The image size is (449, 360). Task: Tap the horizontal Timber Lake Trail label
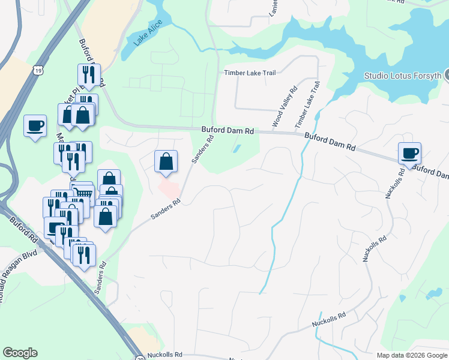(x=250, y=73)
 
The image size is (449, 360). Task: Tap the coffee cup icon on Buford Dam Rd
(x=410, y=154)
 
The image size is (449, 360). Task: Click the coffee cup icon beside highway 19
(x=35, y=126)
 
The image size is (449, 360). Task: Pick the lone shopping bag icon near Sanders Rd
(x=166, y=161)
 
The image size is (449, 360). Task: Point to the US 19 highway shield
(x=38, y=71)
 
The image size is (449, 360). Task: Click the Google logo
(x=20, y=353)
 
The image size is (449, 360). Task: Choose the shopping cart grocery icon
(x=83, y=193)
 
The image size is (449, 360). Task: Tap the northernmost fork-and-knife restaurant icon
(x=88, y=74)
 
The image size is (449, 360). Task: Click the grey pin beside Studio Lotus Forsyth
(x=446, y=75)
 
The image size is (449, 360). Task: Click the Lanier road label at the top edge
(x=270, y=7)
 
